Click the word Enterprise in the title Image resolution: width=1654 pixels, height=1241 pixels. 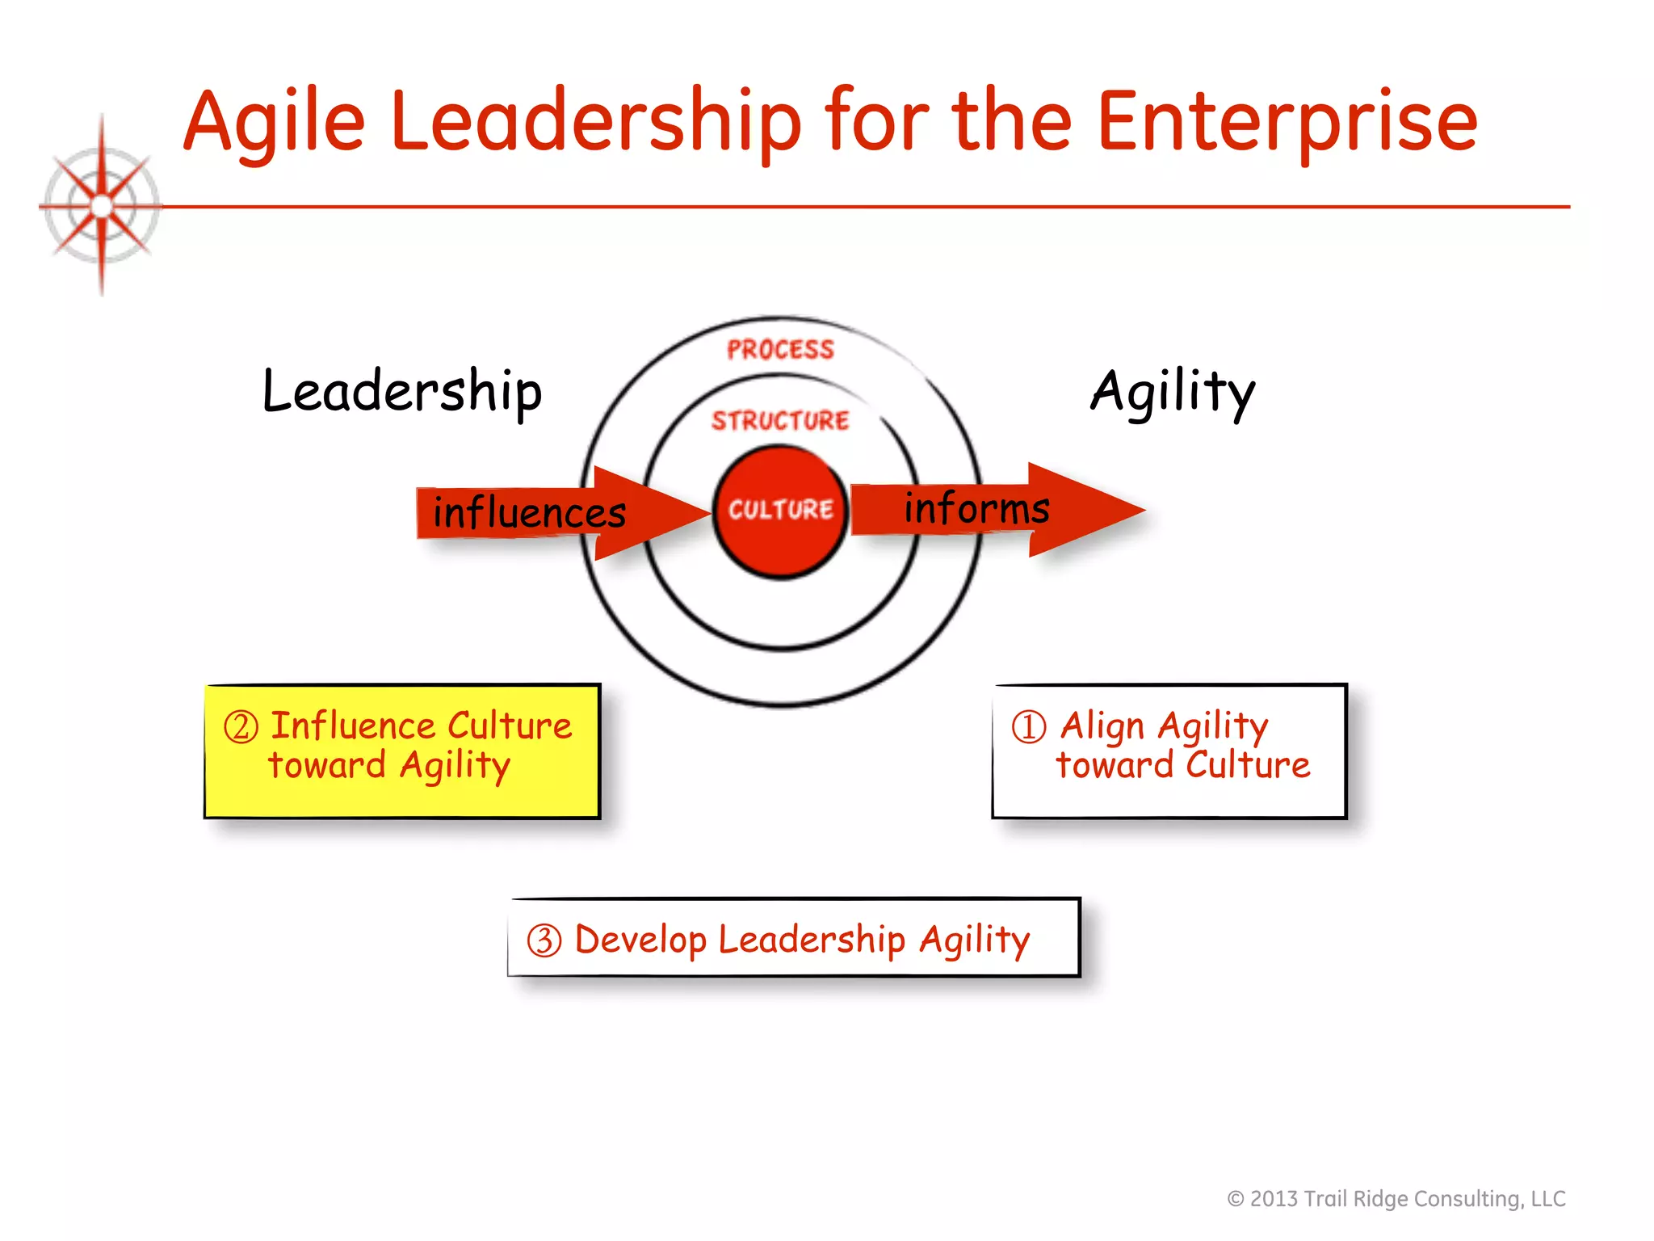pyautogui.click(x=1287, y=123)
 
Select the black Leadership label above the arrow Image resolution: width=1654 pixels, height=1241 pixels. pyautogui.click(x=402, y=392)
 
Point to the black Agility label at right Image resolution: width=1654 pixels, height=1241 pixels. pyautogui.click(x=1173, y=392)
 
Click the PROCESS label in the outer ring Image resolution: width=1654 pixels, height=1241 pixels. pyautogui.click(x=780, y=350)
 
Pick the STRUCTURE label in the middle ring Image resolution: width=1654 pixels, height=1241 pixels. pyautogui.click(x=780, y=421)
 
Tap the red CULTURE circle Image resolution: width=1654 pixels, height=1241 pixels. pyautogui.click(x=780, y=511)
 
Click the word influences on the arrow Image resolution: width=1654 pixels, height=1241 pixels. pyautogui.click(x=529, y=513)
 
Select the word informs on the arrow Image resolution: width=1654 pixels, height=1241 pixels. pyautogui.click(x=976, y=508)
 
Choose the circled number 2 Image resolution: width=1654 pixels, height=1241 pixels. pyautogui.click(x=241, y=727)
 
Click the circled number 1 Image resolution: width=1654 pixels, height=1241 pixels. pyautogui.click(x=1029, y=726)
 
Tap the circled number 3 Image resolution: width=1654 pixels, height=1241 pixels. pyautogui.click(x=544, y=940)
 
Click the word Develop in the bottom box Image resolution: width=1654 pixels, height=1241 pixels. pyautogui.click(x=640, y=940)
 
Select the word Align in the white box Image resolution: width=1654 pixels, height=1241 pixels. pyautogui.click(x=1102, y=726)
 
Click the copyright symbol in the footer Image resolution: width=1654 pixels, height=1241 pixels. pyautogui.click(x=1236, y=1199)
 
